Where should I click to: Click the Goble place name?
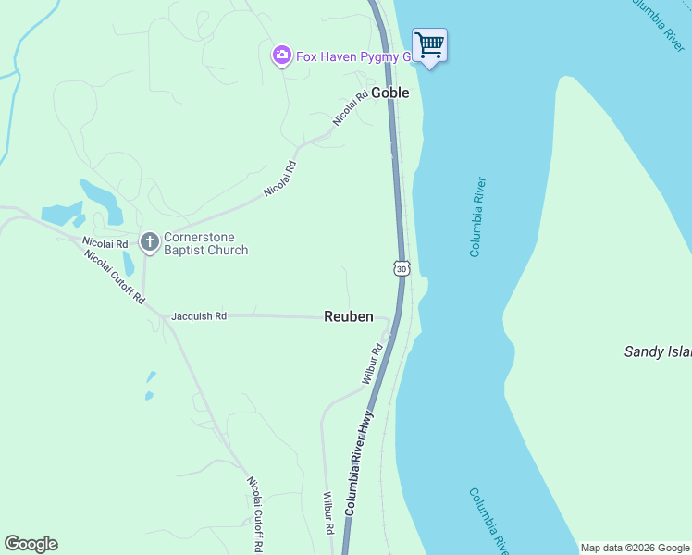click(390, 93)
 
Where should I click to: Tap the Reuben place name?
click(349, 316)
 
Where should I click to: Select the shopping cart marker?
click(429, 44)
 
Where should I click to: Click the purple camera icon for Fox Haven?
click(281, 56)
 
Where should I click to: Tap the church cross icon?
click(149, 242)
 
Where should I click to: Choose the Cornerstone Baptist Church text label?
click(205, 243)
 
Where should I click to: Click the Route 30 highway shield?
click(400, 267)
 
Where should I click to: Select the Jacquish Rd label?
click(199, 316)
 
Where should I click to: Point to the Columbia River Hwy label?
click(358, 462)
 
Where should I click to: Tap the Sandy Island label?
click(657, 351)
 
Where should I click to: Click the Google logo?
click(31, 544)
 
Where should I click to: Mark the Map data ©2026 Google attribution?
click(635, 548)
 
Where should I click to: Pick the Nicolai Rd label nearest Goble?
click(351, 106)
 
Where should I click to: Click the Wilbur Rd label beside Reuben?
click(373, 365)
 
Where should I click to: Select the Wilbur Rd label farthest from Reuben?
click(327, 513)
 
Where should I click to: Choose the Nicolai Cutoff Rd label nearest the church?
click(116, 277)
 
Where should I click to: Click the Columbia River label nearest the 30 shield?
click(477, 217)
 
